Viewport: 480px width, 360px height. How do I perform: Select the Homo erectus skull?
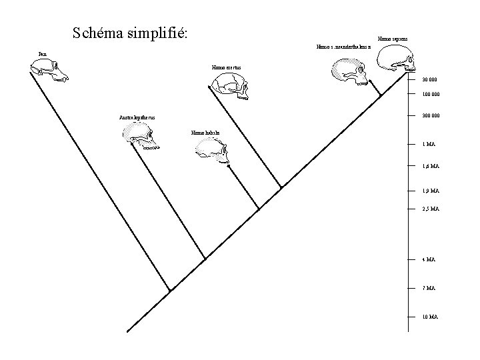228,85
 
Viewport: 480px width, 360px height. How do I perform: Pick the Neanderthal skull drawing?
349,71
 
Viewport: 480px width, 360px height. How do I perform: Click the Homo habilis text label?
204,133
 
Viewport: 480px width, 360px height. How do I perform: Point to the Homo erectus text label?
226,67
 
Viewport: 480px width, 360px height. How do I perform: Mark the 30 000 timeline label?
429,80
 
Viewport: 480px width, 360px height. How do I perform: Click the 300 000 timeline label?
431,116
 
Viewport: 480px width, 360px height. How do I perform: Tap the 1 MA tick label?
429,144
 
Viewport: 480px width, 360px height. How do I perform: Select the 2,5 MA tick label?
430,209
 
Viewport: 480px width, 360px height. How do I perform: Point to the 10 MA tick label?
429,317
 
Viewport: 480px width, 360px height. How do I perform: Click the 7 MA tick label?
428,288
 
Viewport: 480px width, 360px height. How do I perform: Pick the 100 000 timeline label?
431,94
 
